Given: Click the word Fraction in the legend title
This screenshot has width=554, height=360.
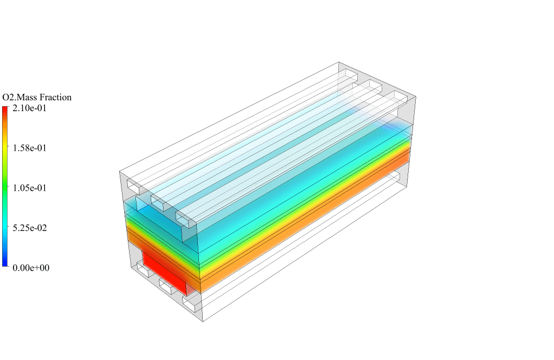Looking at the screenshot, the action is tap(55, 97).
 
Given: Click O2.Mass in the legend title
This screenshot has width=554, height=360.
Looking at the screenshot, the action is tap(20, 97).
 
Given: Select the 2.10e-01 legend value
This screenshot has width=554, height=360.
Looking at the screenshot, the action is tap(29, 108).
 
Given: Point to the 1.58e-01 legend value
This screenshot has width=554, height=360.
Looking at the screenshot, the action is tap(29, 148).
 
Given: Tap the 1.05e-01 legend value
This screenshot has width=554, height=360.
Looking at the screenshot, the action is tap(29, 188).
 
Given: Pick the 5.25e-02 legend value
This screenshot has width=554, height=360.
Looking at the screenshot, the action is tap(29, 228).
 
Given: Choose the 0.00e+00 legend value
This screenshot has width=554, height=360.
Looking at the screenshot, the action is tap(31, 268).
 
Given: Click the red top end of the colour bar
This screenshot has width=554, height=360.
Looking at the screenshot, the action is tap(5, 110).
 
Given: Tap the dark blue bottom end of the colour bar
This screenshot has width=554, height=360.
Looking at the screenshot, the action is tap(5, 263).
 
